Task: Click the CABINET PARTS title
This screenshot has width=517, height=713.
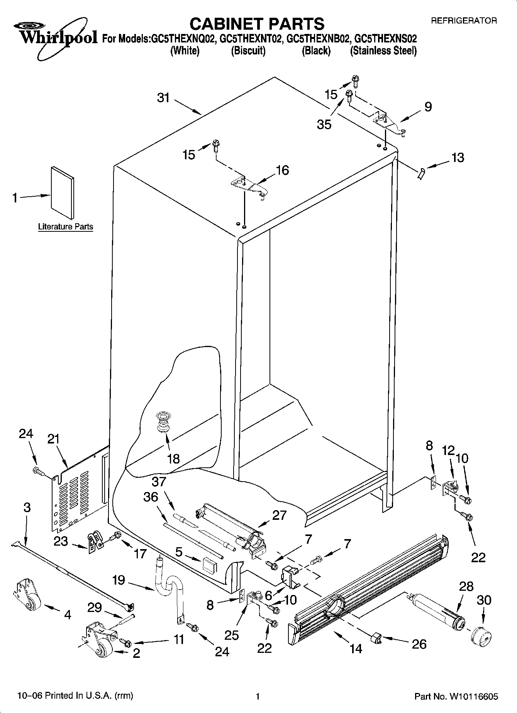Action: [257, 24]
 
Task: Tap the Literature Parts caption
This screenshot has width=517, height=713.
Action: [66, 227]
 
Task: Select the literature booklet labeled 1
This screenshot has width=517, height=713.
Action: [62, 193]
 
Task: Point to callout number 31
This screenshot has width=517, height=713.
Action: [163, 98]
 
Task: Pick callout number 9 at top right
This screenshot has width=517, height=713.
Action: [428, 107]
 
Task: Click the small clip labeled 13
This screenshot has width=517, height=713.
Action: [421, 174]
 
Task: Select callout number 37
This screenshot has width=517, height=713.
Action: [159, 481]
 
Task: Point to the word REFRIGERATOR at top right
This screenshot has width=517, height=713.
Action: [464, 21]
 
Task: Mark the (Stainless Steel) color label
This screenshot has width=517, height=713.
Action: [383, 51]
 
